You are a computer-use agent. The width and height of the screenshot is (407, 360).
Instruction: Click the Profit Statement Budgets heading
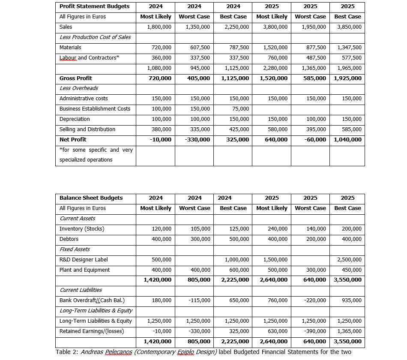coord(94,6)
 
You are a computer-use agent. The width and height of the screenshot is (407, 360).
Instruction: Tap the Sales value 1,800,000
coord(159,27)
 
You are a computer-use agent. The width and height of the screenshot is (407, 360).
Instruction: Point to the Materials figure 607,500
coord(200,48)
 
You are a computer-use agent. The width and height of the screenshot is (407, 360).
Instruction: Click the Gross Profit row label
coord(75,78)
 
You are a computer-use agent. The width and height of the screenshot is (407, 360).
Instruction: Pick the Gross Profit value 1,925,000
coord(347,78)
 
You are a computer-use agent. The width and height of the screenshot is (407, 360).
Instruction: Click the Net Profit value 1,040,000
coord(347,140)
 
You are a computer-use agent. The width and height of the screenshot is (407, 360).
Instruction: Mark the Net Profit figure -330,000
coord(198,140)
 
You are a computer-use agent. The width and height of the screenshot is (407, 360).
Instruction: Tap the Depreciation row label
coord(75,119)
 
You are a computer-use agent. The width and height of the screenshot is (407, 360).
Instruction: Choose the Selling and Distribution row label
coord(87,129)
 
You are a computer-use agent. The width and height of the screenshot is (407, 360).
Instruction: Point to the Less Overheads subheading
coord(78,88)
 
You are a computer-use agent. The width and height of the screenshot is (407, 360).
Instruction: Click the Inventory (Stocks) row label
coord(81,229)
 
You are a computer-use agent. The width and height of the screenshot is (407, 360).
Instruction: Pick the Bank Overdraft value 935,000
coord(351,300)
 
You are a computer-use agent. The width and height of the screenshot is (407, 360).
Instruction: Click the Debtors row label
coord(69,239)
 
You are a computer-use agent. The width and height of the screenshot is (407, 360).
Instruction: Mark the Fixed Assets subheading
coord(75,249)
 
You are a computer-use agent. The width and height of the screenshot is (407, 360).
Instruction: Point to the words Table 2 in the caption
coord(67,352)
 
